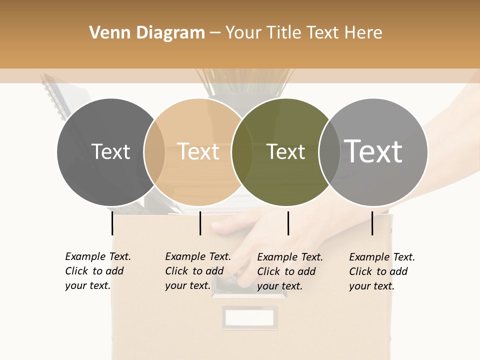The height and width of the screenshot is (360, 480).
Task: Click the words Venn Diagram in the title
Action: [x=147, y=33]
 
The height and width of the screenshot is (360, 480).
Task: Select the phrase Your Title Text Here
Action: [x=303, y=33]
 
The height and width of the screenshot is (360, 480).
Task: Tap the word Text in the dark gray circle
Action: [x=110, y=151]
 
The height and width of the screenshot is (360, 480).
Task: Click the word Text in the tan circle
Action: [x=198, y=151]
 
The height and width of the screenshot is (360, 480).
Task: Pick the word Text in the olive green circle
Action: [x=285, y=151]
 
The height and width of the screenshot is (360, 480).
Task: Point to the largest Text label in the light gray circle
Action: [x=373, y=151]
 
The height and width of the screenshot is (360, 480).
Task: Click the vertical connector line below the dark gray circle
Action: [x=112, y=223]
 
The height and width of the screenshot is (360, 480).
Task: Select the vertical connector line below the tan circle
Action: [x=200, y=223]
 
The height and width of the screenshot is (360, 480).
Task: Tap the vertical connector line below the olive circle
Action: [x=288, y=223]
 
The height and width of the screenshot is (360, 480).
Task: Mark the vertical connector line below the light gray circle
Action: [x=372, y=223]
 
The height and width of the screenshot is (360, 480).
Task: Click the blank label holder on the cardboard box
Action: [x=249, y=317]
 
